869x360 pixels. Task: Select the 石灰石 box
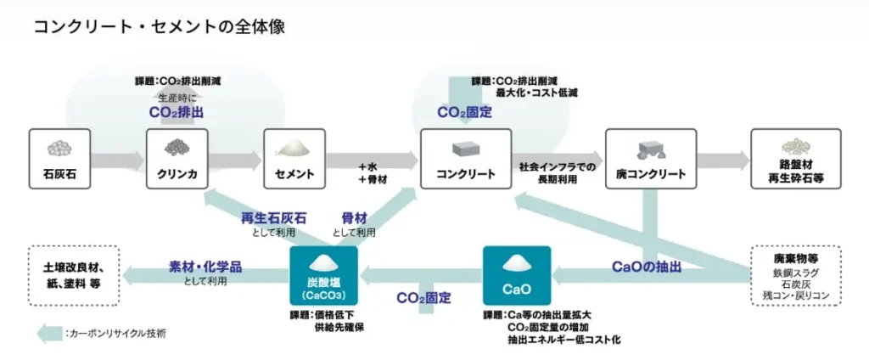pos(59,159)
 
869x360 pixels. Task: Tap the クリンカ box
pos(177,159)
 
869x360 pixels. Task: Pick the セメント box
pos(294,159)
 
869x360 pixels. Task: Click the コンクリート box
pos(465,159)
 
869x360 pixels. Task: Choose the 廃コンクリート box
pos(651,159)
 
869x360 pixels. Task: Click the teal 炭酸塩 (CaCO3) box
pos(323,276)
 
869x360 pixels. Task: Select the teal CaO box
pos(516,276)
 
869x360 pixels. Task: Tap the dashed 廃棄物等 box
pos(795,275)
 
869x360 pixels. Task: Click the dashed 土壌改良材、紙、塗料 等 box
pos(72,275)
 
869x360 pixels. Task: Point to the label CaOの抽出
pos(647,267)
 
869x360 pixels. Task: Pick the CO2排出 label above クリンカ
pos(177,112)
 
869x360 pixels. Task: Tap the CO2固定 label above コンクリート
pos(464,112)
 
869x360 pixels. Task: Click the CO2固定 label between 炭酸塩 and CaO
pos(423,298)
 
